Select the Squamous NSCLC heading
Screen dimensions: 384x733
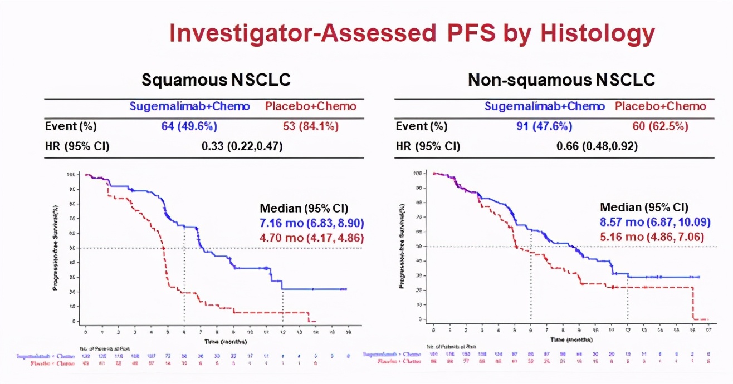tap(216, 80)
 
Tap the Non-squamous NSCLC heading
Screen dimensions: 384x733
tap(561, 80)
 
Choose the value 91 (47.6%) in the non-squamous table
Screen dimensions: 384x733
tap(545, 126)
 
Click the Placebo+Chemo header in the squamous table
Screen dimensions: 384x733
tap(310, 106)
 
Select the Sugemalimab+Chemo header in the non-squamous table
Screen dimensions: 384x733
tap(545, 106)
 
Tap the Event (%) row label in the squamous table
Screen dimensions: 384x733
tap(71, 126)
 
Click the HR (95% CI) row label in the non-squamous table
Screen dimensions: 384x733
tap(428, 146)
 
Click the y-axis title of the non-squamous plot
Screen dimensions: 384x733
tap(402, 246)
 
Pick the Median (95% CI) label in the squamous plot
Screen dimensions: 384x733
tap(304, 209)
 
